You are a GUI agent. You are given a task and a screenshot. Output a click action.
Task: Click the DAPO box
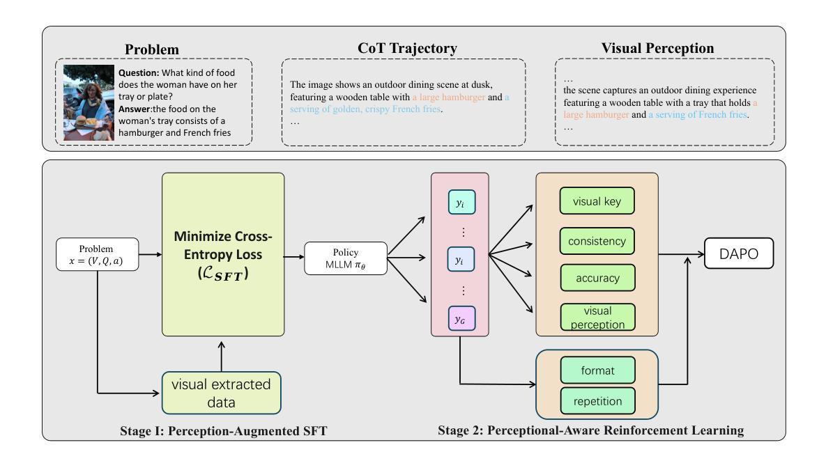coord(740,256)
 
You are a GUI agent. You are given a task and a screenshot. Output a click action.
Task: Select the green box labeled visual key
coord(597,201)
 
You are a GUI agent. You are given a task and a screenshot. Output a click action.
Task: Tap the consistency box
coord(597,242)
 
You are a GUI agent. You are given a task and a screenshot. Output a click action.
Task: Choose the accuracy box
coord(597,278)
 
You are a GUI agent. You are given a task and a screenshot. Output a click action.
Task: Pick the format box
coord(596,370)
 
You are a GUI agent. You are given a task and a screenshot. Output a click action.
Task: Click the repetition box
coord(596,400)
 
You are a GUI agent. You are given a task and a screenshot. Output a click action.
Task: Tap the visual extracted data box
coord(221,391)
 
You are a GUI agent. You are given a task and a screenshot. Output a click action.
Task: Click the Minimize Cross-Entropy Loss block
coord(223,255)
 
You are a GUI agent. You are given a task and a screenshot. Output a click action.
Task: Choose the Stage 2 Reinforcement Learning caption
coord(590,430)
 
